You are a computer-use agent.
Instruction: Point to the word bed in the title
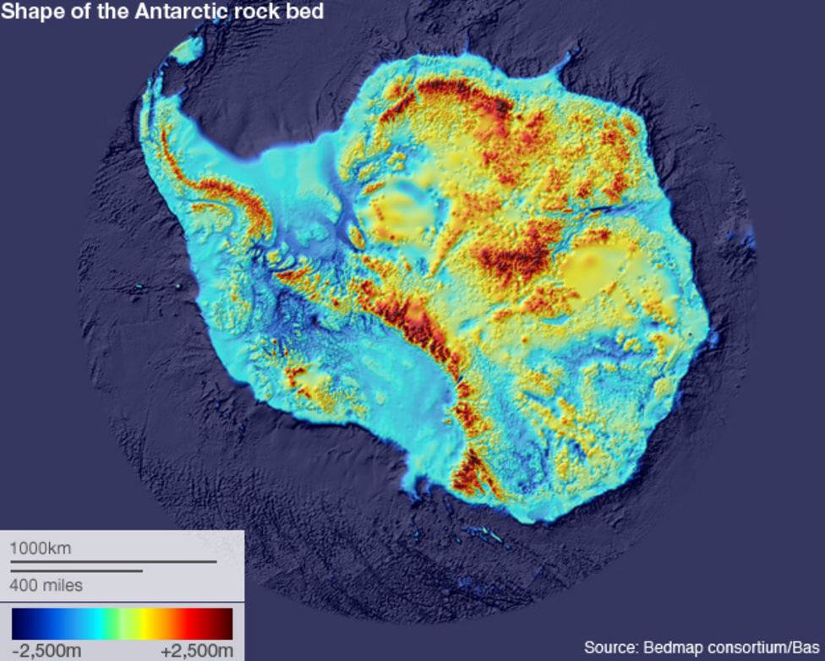click(306, 12)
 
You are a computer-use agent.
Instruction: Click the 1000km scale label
click(41, 549)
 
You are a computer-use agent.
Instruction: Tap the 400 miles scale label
click(46, 585)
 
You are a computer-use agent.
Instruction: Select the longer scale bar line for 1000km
click(113, 561)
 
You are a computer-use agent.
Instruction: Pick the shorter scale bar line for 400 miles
click(76, 571)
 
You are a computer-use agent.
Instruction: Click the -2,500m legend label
click(46, 650)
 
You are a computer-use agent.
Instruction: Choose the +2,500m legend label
click(196, 650)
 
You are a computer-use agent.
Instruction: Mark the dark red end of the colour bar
click(223, 624)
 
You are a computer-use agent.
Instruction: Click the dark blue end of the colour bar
click(22, 624)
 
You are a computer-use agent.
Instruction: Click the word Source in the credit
click(611, 648)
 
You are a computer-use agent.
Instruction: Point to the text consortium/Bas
click(762, 648)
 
